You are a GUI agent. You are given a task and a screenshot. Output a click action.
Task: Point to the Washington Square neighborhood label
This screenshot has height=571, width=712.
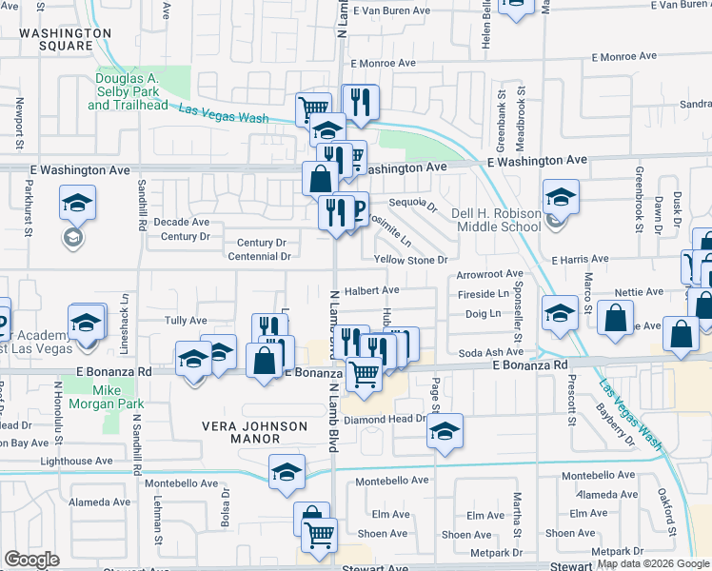click(x=66, y=39)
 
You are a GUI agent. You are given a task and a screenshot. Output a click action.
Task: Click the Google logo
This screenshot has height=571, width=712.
click(x=32, y=560)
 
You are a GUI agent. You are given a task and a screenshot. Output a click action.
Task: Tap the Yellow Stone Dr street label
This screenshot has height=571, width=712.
click(x=410, y=260)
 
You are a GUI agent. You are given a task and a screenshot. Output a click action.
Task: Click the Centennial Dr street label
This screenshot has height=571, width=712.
click(x=253, y=256)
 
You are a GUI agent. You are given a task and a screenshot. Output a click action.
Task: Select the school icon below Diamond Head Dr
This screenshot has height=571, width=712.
click(x=445, y=430)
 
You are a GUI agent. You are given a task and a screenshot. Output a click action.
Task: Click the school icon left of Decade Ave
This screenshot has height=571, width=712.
click(x=76, y=203)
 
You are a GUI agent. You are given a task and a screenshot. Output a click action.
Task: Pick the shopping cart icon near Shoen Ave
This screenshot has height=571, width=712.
click(x=320, y=535)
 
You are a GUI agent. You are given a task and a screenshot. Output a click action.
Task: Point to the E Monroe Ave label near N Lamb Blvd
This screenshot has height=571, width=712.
click(x=384, y=63)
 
